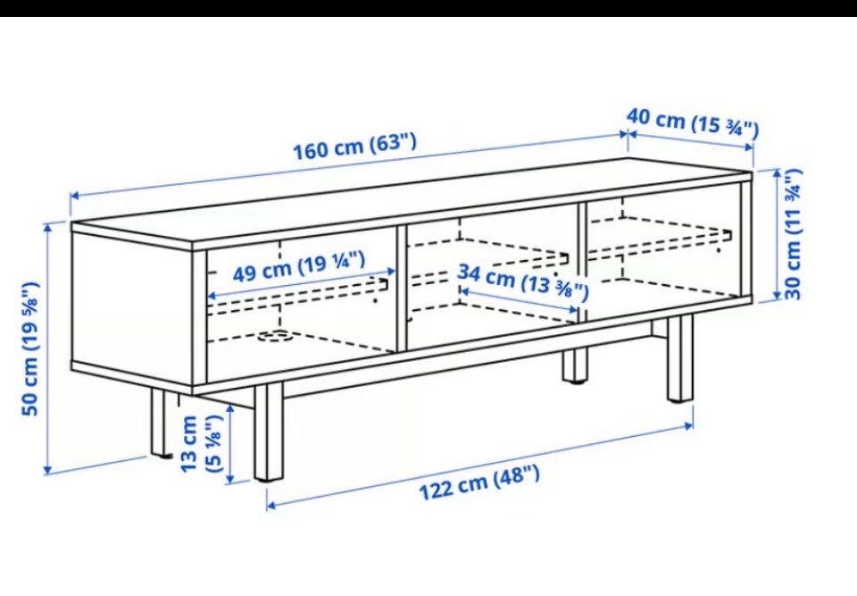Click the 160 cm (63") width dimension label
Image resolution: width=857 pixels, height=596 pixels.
pos(355,146)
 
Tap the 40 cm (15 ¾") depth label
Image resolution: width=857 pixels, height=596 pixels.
pos(693,122)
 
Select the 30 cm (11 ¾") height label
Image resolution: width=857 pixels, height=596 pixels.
pos(793,234)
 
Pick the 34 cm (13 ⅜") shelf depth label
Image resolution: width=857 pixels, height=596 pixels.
pos(523,281)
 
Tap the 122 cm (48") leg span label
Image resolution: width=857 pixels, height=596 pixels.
pos(479,483)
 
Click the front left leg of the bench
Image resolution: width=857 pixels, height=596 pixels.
pos(269,432)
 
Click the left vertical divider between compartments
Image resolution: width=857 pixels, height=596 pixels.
pos(402,289)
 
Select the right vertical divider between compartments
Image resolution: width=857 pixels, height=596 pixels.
pos(582,263)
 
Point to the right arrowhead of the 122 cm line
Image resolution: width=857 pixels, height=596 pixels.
pos(688,425)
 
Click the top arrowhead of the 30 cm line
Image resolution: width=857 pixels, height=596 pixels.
pos(778,173)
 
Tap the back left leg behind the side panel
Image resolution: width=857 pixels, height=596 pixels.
pos(159,423)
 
